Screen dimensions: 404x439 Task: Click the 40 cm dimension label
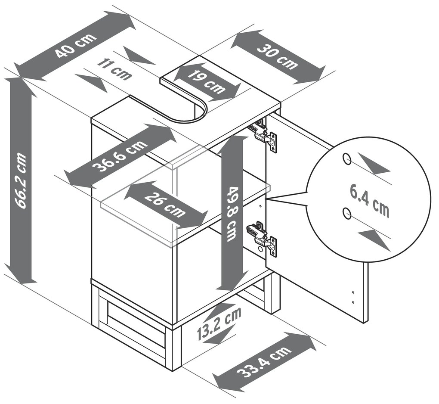tap(75, 46)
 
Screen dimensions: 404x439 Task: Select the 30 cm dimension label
tap(278, 56)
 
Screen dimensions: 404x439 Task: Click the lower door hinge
tap(262, 237)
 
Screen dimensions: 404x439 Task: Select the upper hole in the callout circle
tap(346, 159)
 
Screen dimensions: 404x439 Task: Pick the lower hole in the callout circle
tap(346, 212)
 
